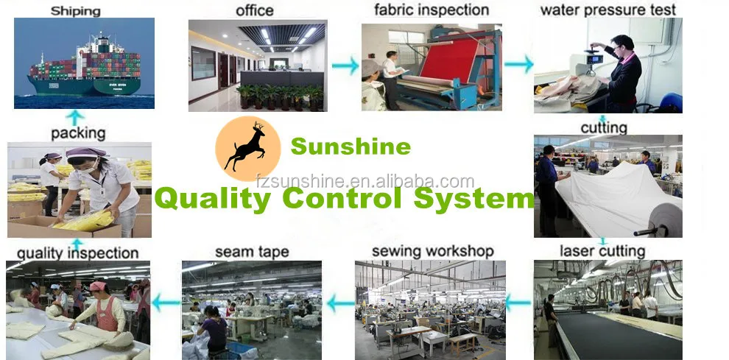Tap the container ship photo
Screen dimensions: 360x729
click(85, 64)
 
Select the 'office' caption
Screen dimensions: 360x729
click(254, 10)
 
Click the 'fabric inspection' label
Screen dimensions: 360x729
click(431, 10)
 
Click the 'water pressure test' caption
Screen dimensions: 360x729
click(607, 10)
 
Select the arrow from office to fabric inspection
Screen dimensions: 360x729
click(344, 66)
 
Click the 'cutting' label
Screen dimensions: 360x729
click(604, 127)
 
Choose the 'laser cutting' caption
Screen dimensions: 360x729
click(603, 251)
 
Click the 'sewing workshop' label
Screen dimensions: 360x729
click(432, 251)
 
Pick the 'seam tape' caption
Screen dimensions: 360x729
click(253, 252)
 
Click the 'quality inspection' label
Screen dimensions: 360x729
click(77, 253)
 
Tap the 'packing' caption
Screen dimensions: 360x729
click(78, 133)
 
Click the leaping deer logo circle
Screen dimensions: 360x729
click(248, 147)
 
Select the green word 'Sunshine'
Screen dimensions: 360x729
click(351, 147)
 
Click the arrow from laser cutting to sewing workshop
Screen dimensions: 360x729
click(518, 300)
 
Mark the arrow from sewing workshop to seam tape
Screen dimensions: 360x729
click(340, 301)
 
